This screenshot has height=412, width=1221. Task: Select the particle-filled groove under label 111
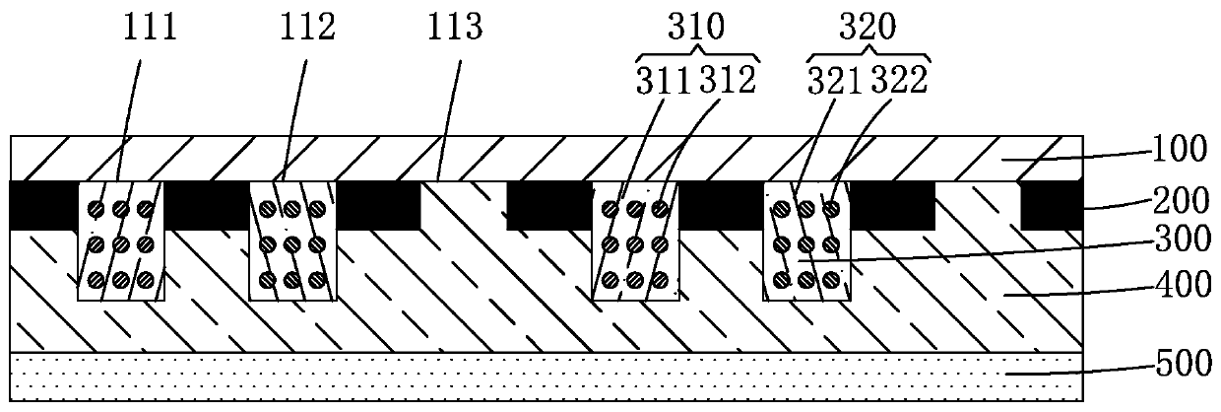tap(121, 241)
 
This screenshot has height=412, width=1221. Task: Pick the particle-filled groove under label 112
tap(292, 241)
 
